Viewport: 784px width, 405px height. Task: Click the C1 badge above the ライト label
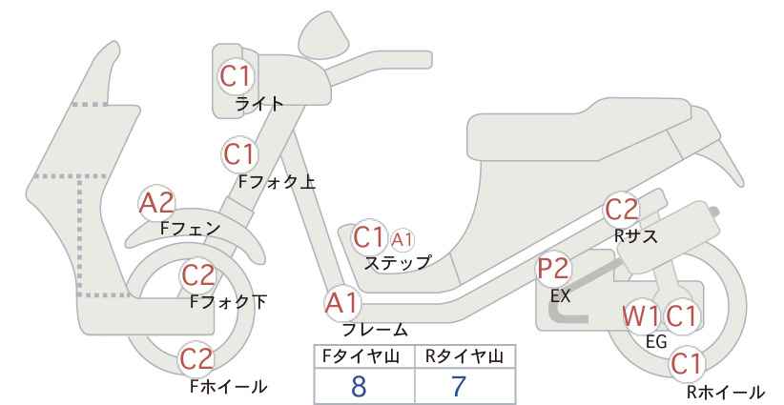click(x=235, y=76)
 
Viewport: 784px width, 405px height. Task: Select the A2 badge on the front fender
click(x=156, y=203)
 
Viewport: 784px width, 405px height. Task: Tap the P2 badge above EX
click(x=554, y=269)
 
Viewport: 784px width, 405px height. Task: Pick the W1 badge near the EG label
click(x=641, y=316)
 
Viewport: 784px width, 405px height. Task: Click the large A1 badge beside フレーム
click(x=343, y=304)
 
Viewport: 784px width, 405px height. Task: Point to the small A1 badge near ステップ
click(x=402, y=240)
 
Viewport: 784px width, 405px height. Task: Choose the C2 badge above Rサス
click(x=622, y=211)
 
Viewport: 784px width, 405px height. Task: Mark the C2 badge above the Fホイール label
click(x=196, y=358)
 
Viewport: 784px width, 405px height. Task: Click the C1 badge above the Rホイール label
click(x=686, y=364)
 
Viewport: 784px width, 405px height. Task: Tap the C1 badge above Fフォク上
click(x=239, y=154)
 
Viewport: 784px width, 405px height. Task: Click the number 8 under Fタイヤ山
click(x=359, y=387)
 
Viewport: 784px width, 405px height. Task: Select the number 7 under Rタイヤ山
click(x=459, y=387)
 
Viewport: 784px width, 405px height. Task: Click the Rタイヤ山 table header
click(x=464, y=356)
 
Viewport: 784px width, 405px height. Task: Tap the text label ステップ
click(x=398, y=263)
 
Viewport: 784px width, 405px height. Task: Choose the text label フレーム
click(x=375, y=329)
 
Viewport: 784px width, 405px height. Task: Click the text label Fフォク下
click(x=229, y=302)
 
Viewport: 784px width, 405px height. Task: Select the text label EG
click(x=656, y=341)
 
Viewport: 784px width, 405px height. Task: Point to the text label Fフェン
click(x=190, y=229)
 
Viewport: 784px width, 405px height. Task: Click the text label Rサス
click(x=636, y=236)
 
